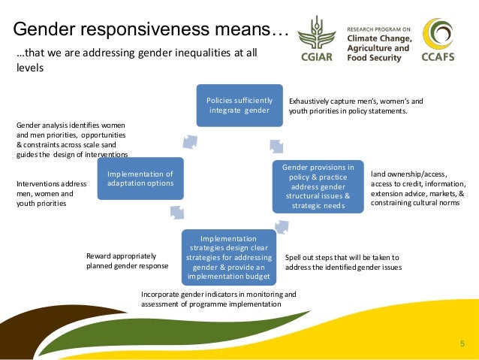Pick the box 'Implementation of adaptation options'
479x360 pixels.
click(x=140, y=177)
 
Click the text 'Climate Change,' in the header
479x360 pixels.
click(x=379, y=36)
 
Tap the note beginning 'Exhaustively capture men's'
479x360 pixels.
click(x=357, y=106)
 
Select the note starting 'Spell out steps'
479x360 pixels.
click(x=343, y=262)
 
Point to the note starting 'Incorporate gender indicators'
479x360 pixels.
click(x=218, y=299)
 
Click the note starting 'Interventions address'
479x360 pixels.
click(x=52, y=193)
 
